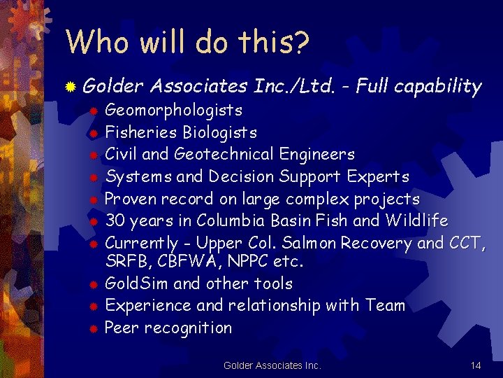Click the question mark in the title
click(300, 42)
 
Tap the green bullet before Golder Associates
click(71, 87)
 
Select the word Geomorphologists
click(173, 110)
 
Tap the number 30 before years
click(115, 221)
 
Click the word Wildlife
click(416, 221)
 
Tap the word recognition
click(190, 328)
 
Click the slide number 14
click(476, 365)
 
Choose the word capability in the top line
click(437, 87)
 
